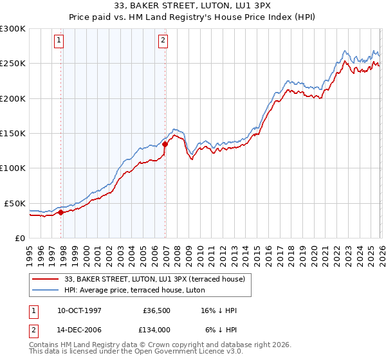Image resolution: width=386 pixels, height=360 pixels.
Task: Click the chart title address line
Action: (193, 6)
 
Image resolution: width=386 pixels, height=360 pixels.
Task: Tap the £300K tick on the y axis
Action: (13, 29)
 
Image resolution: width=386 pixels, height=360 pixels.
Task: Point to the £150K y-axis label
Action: (13, 134)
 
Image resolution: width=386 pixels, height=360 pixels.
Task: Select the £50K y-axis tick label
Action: (15, 203)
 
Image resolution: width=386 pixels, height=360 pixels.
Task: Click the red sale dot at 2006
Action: (165, 145)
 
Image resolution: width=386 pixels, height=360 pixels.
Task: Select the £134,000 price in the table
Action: (157, 328)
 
